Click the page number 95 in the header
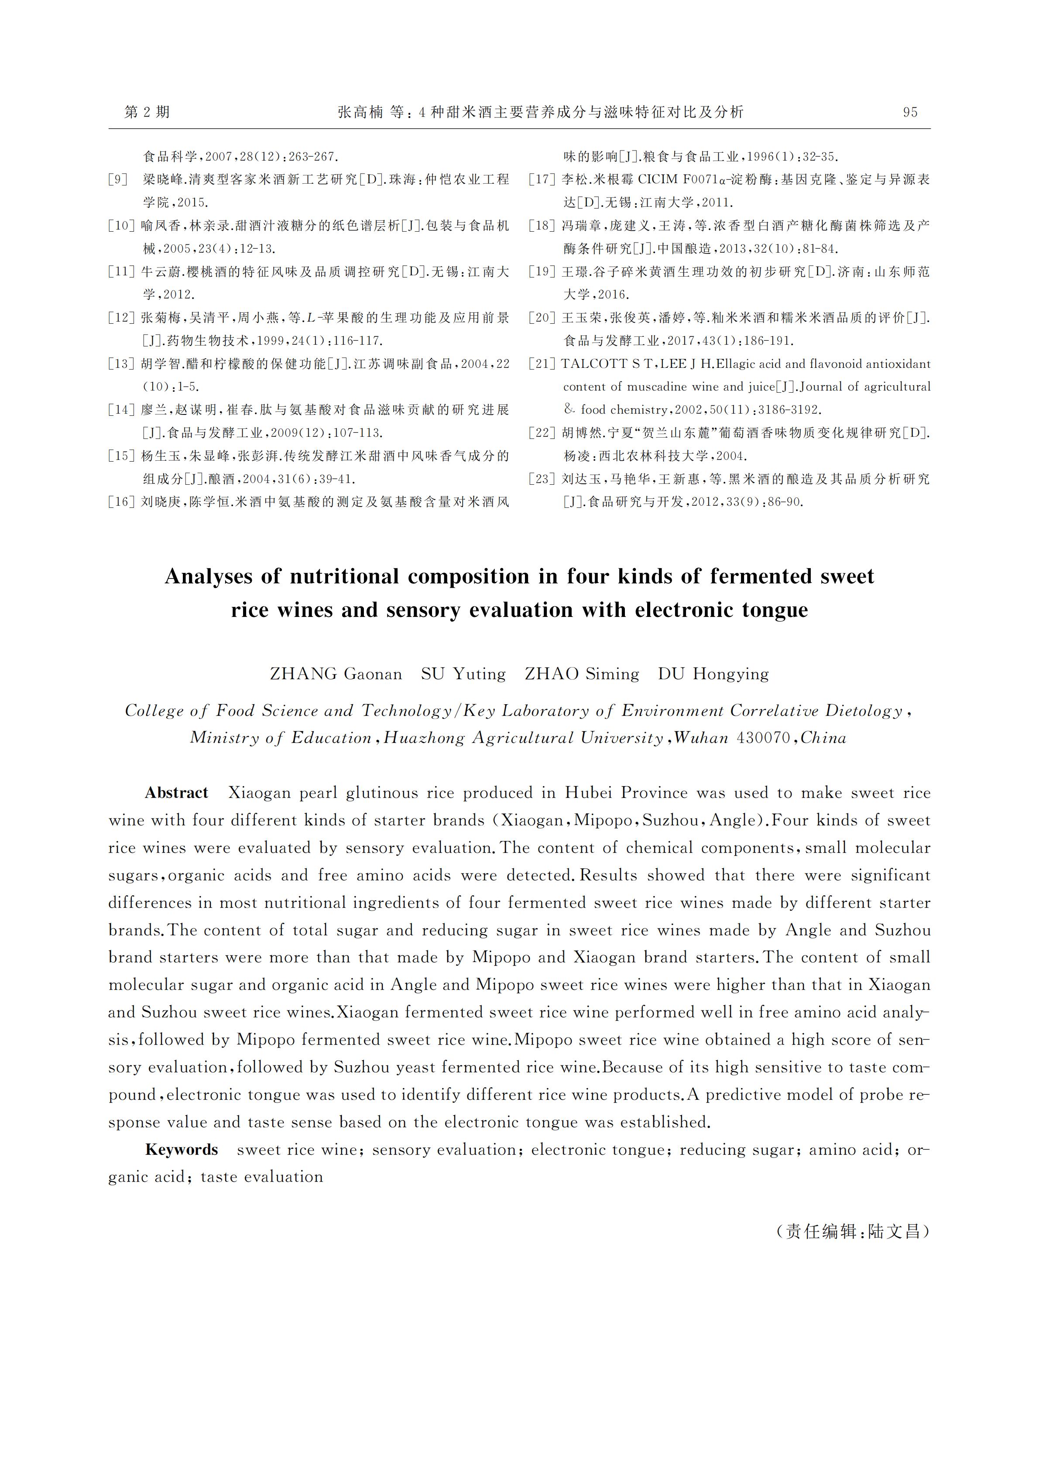[x=910, y=113]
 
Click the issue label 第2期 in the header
[x=147, y=113]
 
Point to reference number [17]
[x=542, y=180]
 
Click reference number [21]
[x=542, y=364]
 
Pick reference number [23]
[x=542, y=479]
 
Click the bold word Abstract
[x=177, y=793]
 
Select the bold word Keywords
[x=182, y=1150]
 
